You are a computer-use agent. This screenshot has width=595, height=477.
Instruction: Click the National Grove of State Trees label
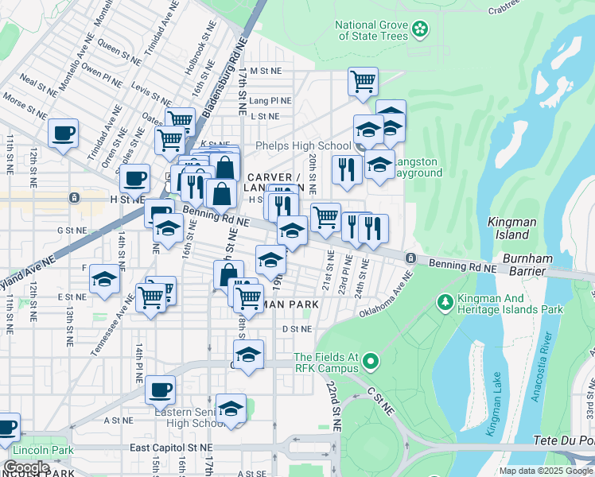(372, 30)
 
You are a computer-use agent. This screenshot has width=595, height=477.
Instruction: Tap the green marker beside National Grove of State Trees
(420, 30)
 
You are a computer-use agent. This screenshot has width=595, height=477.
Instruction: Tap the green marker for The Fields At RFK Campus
(369, 363)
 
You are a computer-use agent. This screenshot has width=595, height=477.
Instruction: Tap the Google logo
(26, 467)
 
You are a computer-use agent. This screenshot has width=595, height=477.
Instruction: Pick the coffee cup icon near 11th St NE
(62, 133)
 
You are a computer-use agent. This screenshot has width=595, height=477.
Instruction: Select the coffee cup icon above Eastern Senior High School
(160, 390)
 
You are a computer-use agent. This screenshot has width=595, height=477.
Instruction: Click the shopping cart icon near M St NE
(363, 80)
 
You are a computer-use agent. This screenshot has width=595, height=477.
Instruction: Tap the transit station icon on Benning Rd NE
(410, 258)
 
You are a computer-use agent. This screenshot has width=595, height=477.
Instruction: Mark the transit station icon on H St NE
(74, 197)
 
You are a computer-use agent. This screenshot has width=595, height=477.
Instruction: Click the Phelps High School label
(302, 145)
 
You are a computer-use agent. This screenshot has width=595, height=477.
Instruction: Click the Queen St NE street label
(121, 48)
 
